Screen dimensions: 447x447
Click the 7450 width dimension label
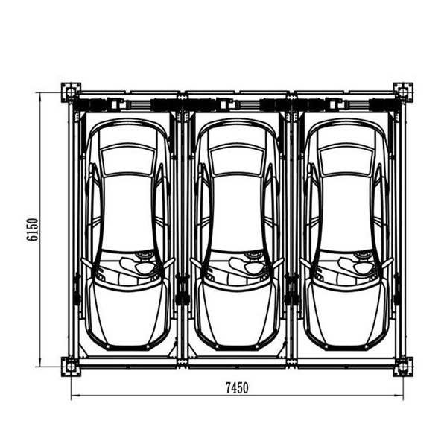tap(237, 387)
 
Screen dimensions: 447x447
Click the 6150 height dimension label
tap(33, 229)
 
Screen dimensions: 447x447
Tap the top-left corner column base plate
tap(71, 92)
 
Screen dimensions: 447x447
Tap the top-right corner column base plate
tap(403, 92)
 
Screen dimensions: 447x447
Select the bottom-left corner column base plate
tap(71, 367)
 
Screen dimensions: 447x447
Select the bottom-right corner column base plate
tap(403, 367)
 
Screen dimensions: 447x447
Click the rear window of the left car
tap(128, 159)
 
